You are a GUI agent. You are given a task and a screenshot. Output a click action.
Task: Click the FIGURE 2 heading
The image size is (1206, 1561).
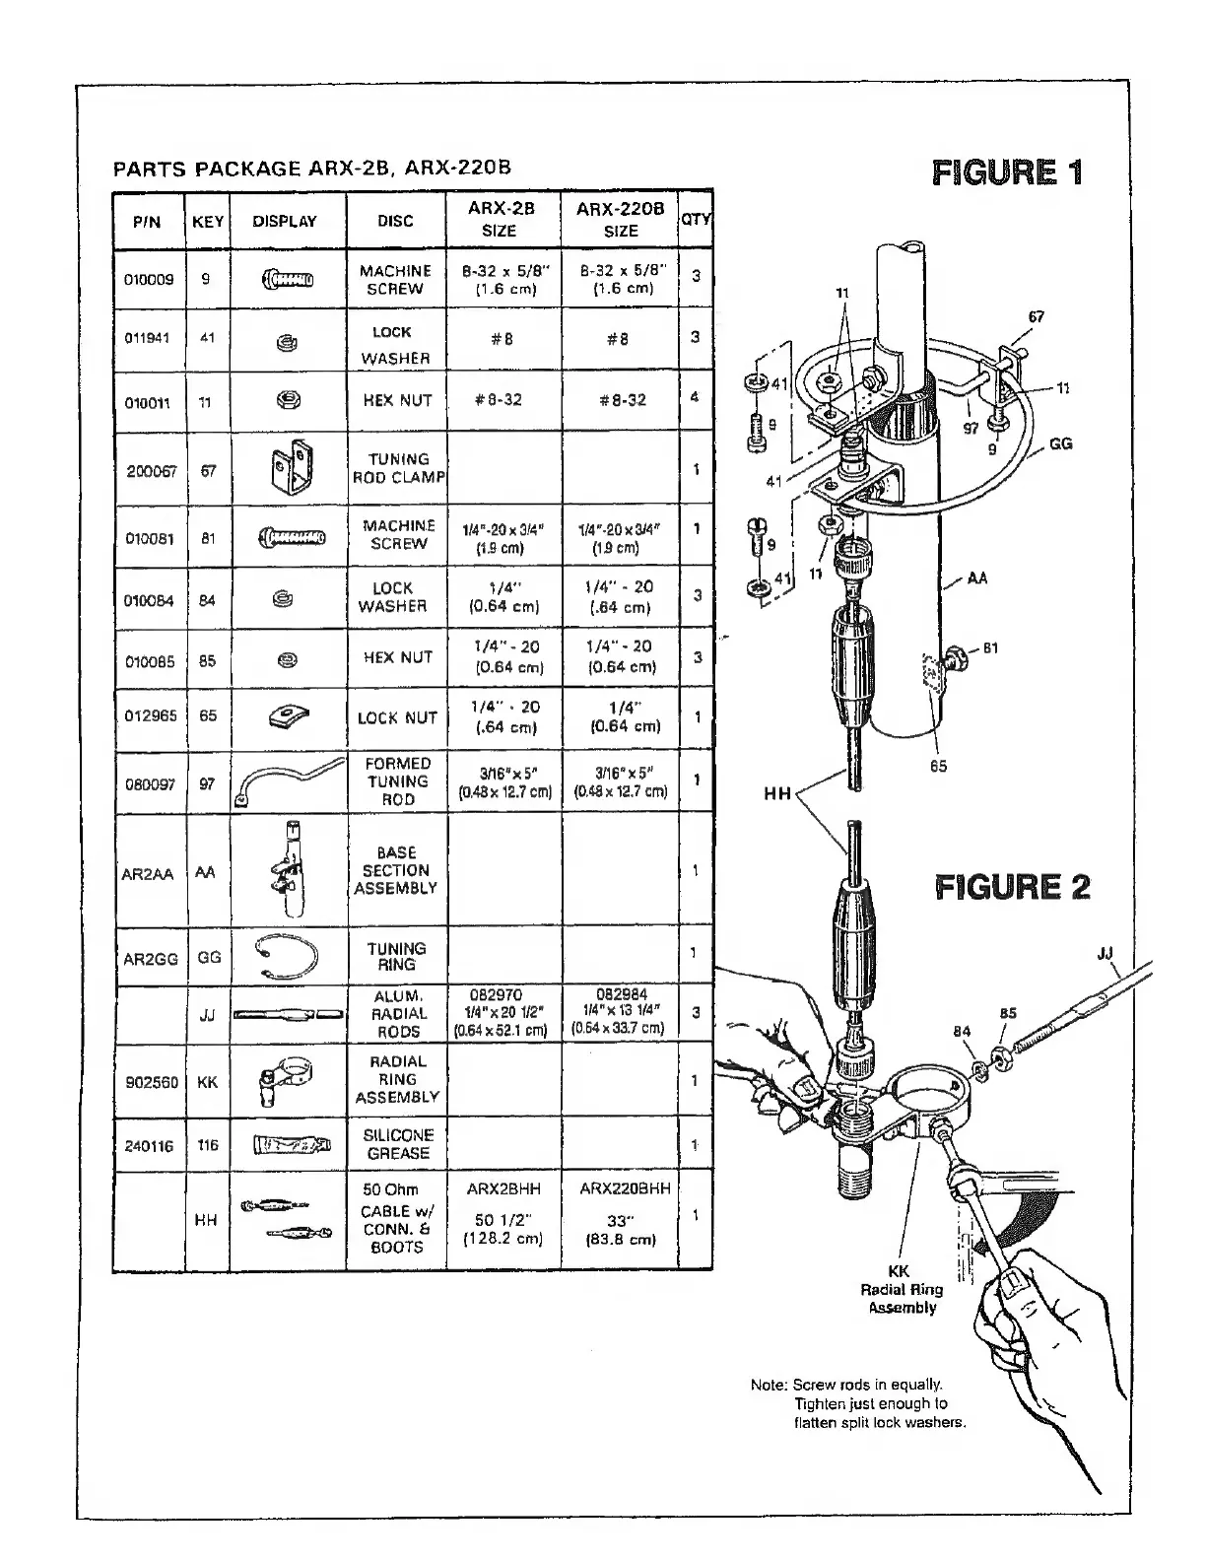click(1012, 887)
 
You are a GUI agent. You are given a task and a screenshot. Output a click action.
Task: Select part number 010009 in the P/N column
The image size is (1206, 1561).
click(149, 279)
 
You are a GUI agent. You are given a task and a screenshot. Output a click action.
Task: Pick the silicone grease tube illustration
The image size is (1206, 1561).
click(289, 1145)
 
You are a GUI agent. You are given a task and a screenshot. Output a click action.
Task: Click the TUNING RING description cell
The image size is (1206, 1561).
click(396, 956)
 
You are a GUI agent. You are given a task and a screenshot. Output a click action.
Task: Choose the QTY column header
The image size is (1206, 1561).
click(696, 220)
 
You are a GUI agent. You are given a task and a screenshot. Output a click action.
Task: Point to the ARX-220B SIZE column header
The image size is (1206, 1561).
click(620, 220)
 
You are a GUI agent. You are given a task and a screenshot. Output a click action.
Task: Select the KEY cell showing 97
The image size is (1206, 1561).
click(208, 783)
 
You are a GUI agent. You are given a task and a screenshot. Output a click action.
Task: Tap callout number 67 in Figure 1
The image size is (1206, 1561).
click(1035, 317)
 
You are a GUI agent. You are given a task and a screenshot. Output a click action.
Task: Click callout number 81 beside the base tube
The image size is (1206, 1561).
click(990, 648)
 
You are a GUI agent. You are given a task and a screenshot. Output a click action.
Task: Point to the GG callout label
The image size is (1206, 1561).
click(1060, 444)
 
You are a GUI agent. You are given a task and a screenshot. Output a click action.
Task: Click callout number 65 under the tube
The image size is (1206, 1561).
click(938, 766)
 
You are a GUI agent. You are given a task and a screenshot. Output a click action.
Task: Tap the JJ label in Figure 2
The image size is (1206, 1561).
click(1106, 953)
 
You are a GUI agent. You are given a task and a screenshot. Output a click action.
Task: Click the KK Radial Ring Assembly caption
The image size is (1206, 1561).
click(902, 1289)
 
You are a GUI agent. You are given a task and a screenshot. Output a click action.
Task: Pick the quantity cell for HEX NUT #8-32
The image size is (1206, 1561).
click(696, 397)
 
